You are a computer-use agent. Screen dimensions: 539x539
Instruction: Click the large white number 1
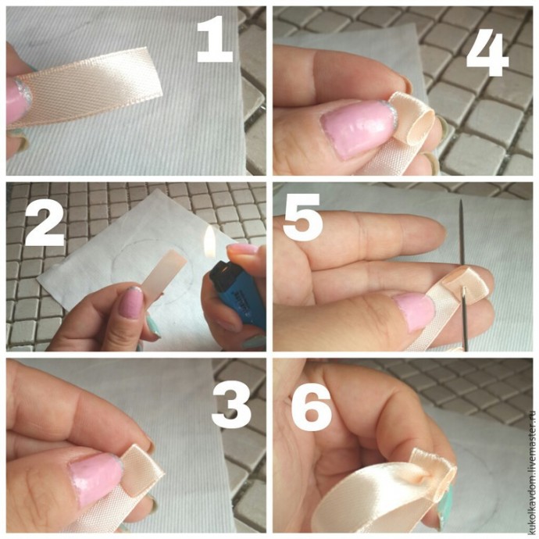tap(216, 39)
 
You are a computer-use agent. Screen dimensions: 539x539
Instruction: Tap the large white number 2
tap(45, 223)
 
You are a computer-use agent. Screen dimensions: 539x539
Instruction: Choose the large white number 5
tap(302, 217)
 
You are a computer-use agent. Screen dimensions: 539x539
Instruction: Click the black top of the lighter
tap(223, 271)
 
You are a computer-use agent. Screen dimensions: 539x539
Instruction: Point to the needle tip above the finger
tap(461, 201)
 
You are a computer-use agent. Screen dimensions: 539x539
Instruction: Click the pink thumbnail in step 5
tap(414, 311)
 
